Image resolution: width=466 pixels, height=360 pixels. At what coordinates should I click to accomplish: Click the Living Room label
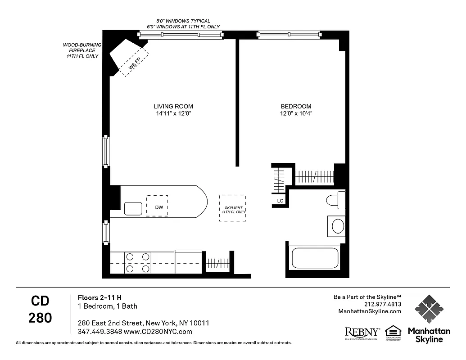coord(173,107)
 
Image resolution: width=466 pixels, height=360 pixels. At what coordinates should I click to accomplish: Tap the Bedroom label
coord(296,107)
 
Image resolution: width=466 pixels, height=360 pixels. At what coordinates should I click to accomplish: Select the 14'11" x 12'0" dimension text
coord(173,114)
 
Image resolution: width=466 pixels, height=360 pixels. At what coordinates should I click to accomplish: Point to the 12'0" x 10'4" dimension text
coord(296,114)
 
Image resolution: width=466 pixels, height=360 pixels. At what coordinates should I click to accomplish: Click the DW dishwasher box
coord(157,206)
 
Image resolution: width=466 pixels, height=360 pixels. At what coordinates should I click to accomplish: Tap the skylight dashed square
coord(233,208)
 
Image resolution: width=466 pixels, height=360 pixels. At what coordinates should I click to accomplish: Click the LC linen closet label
coord(280,201)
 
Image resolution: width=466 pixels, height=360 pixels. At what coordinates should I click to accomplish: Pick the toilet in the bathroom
coord(335,200)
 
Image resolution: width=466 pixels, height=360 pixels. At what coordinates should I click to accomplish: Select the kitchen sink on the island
coord(133,208)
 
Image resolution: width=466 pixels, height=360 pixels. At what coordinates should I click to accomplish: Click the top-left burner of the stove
coord(130,257)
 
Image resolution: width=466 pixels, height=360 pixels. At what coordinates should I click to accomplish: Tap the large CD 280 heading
coord(40,310)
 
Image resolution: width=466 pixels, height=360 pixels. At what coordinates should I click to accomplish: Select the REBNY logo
coord(362,333)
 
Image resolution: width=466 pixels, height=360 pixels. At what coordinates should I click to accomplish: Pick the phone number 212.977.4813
coord(383,304)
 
